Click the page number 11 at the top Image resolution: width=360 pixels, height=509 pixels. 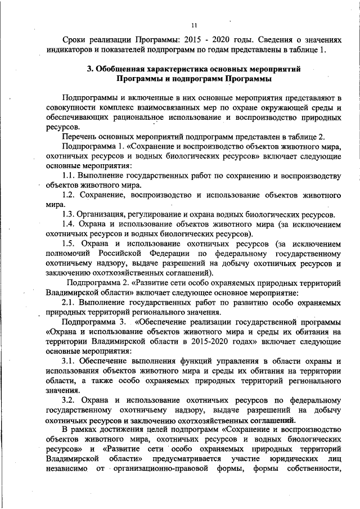pos(193,25)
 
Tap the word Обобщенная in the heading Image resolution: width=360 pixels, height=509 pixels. pos(125,69)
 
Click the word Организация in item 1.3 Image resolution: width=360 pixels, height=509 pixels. pos(103,215)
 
